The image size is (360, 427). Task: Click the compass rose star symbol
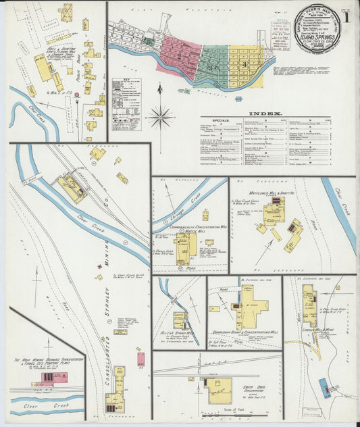160,116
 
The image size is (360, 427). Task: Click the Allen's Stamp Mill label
180,333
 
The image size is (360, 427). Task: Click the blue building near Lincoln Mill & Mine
325,388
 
